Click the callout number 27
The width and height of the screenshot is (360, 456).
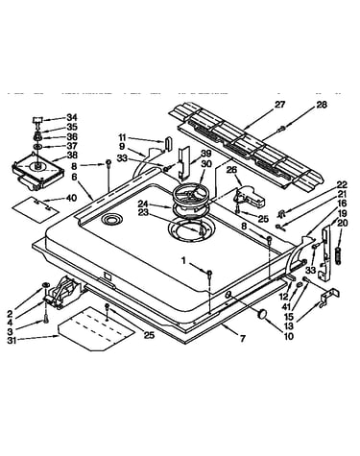[279, 105]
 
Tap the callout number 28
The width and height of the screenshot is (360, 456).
[322, 105]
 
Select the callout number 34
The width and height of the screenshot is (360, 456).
[72, 117]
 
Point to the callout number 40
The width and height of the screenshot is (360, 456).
[71, 198]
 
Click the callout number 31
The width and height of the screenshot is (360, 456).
[12, 341]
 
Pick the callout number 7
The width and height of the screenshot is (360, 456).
[243, 338]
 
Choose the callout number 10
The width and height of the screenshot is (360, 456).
[288, 336]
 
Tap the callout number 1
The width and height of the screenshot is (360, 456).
[183, 261]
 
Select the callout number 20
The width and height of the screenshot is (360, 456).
[342, 224]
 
